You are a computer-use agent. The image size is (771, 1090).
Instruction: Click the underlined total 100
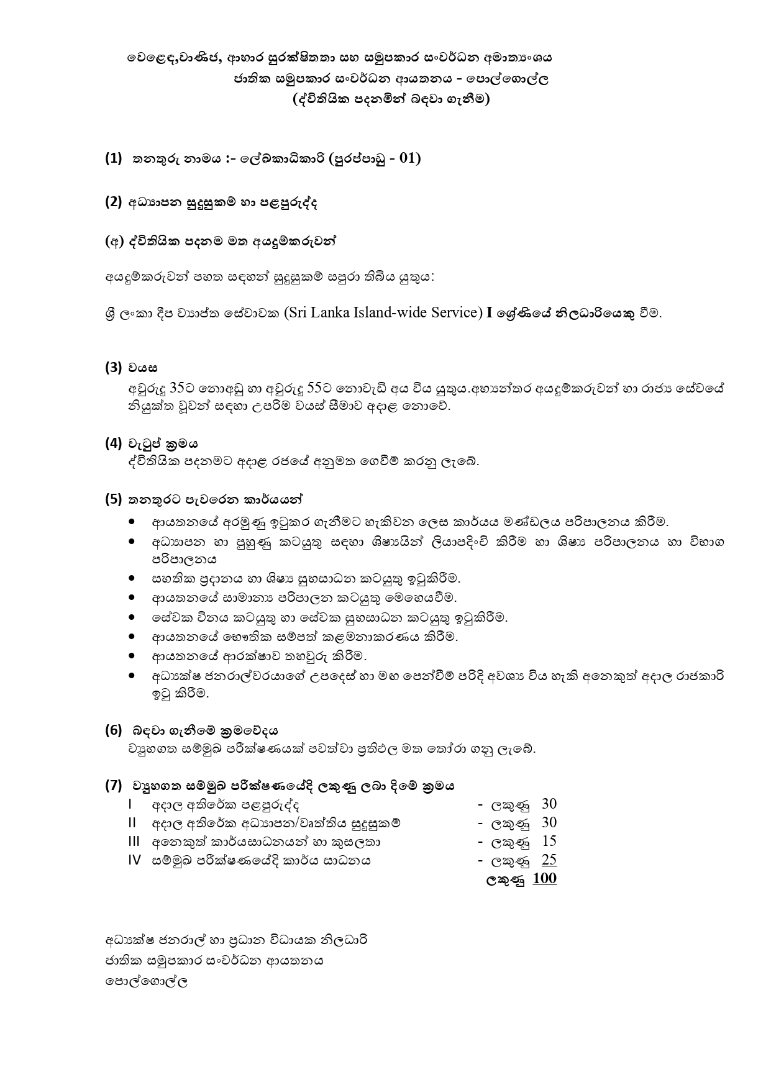(545, 879)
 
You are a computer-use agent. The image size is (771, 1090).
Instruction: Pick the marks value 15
(549, 842)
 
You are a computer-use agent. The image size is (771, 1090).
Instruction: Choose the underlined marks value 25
(549, 860)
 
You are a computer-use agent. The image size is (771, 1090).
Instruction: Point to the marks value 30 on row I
(549, 804)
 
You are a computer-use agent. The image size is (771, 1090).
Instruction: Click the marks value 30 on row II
(549, 823)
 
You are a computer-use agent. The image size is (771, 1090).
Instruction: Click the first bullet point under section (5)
(132, 522)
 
